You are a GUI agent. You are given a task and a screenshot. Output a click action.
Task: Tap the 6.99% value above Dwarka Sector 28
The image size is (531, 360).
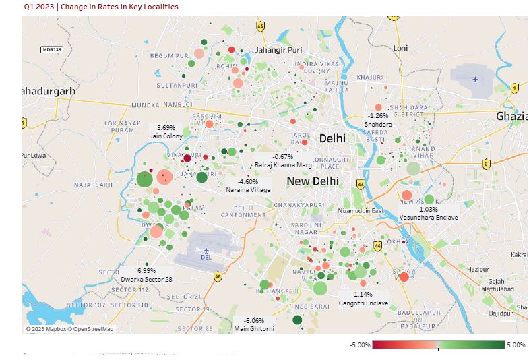coord(146,270)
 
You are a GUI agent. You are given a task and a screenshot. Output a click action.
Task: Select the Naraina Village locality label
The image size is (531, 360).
coord(248,191)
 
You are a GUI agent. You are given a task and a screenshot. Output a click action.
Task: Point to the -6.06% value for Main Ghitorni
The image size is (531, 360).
coord(253,320)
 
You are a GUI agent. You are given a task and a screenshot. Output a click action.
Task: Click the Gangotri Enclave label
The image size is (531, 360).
coord(363,303)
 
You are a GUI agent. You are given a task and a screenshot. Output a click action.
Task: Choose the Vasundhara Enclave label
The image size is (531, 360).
coord(428,218)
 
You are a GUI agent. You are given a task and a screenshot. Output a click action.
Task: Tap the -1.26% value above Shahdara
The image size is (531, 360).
coord(377,116)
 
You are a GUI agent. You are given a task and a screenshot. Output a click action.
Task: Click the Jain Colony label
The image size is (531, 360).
coord(166,136)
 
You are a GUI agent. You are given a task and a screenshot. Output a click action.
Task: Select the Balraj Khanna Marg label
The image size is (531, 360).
coord(283,165)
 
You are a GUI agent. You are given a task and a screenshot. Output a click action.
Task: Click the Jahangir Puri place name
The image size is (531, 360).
coord(278,50)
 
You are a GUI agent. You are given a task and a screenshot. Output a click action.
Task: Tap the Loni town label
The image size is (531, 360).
coord(400,48)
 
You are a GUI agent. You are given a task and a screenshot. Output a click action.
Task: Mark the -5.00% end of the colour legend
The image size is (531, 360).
coord(360,345)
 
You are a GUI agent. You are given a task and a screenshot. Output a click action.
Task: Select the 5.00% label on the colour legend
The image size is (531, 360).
coord(516,345)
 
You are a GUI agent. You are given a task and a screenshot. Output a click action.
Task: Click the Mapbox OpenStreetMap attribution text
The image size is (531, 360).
coord(70,329)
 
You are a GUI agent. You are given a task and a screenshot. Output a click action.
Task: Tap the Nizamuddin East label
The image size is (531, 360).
coord(361,211)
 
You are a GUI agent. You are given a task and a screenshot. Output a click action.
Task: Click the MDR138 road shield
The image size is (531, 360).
coord(51,49)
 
